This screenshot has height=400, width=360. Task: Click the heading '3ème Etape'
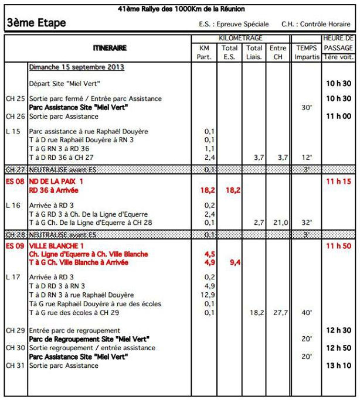[x=36, y=23]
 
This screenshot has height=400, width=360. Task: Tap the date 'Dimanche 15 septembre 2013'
[x=76, y=67]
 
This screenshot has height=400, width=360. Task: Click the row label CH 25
[x=15, y=99]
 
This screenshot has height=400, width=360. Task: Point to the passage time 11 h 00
[x=338, y=117]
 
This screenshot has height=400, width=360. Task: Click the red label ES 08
[x=15, y=182]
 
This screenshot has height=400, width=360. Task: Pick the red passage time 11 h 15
[x=338, y=182]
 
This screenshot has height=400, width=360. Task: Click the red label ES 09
[x=15, y=246]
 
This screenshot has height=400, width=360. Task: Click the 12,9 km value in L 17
[x=208, y=295]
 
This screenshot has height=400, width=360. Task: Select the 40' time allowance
[x=306, y=313]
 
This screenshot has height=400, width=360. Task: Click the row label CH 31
[x=15, y=365]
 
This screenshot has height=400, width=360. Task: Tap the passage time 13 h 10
[x=338, y=365]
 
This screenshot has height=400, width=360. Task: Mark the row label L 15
[x=13, y=131]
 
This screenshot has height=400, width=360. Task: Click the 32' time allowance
[x=306, y=223]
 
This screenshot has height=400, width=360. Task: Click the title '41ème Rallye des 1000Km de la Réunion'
[x=181, y=9]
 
